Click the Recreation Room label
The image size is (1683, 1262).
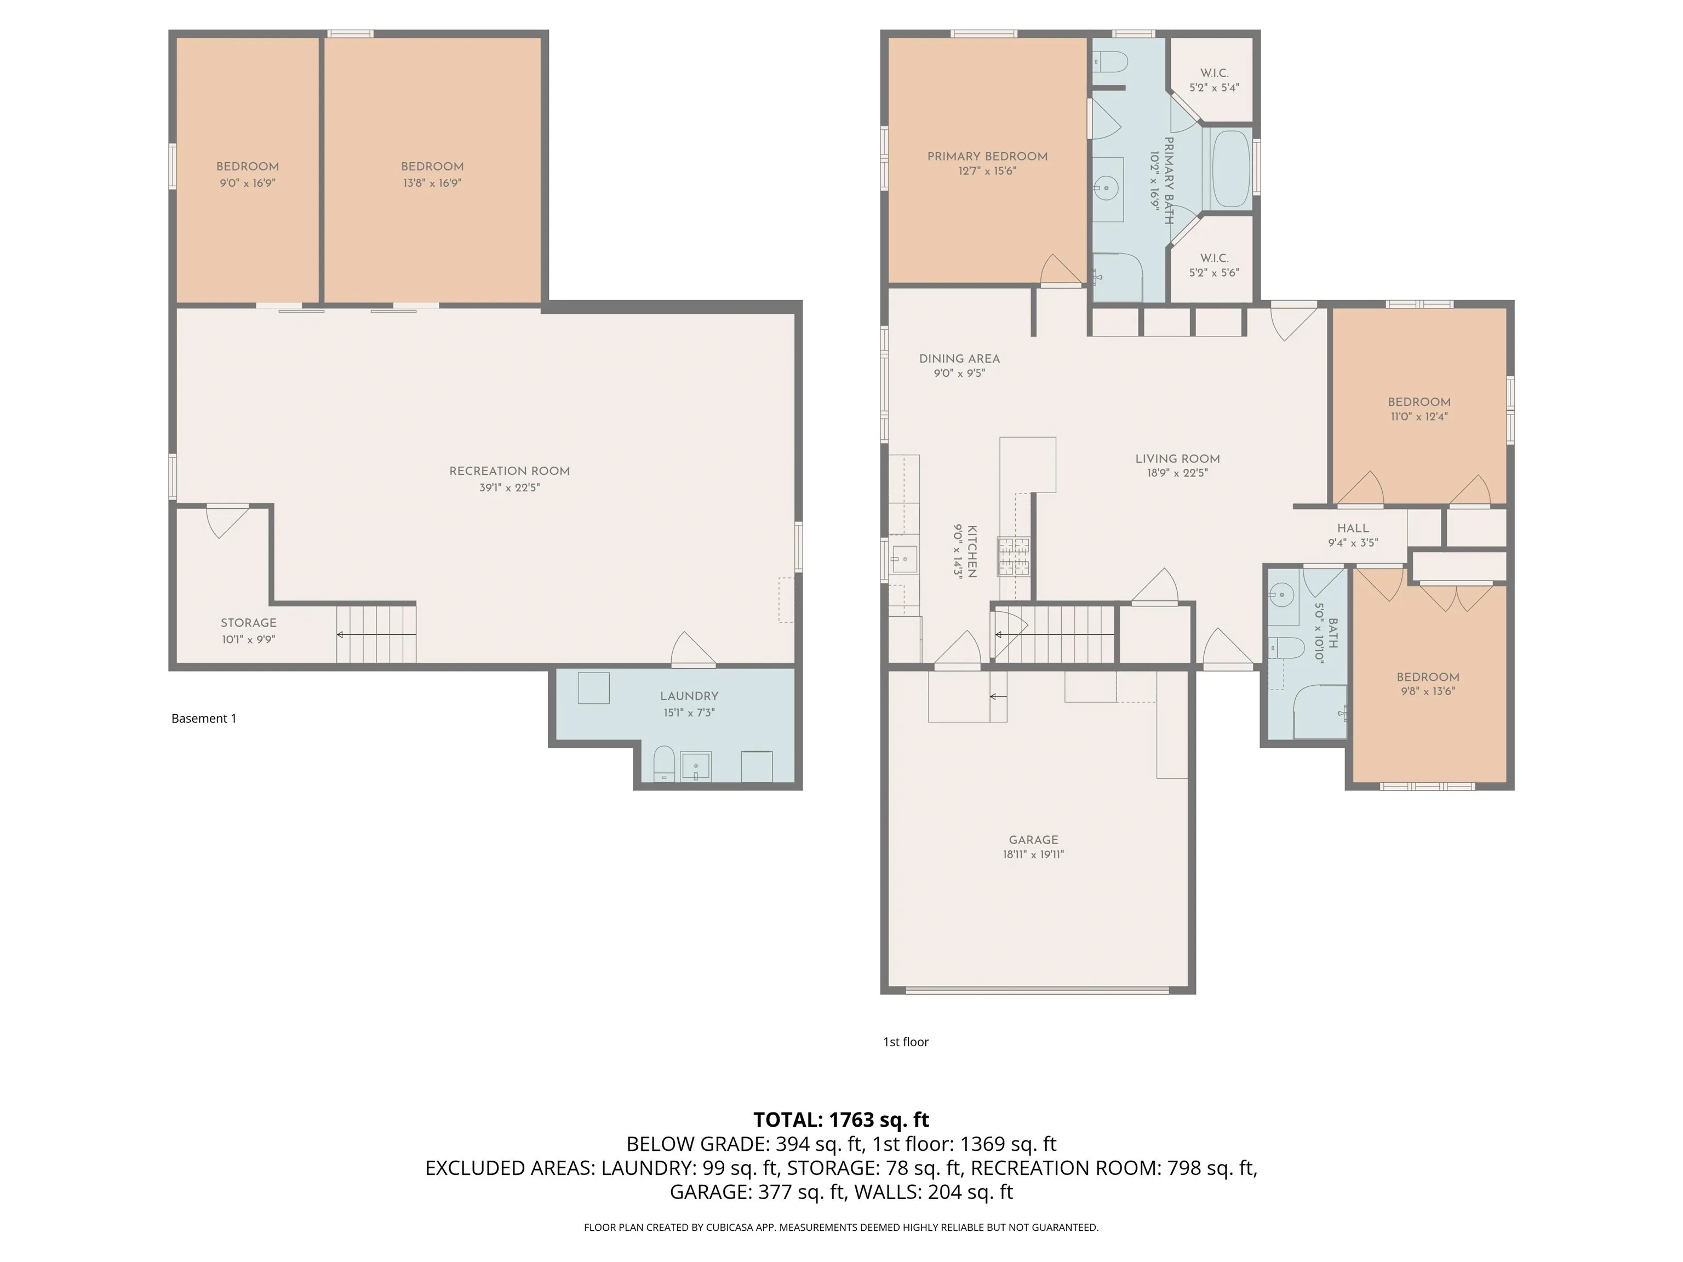[x=509, y=471]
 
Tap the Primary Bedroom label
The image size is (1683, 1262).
[x=987, y=156]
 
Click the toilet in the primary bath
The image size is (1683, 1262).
[x=1108, y=61]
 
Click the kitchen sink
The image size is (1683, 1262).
[x=904, y=559]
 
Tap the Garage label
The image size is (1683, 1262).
[x=1033, y=840]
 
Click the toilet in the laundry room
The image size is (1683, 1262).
[x=664, y=763]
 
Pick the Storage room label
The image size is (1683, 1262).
[x=248, y=622]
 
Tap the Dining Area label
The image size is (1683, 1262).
[x=959, y=358]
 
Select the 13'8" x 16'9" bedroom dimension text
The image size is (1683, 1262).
[x=432, y=182]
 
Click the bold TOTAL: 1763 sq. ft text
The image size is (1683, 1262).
[x=841, y=1120]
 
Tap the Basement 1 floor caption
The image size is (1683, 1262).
[x=204, y=718]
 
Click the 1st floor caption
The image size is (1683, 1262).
[x=906, y=1041]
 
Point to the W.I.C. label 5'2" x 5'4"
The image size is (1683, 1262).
[x=1215, y=80]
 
